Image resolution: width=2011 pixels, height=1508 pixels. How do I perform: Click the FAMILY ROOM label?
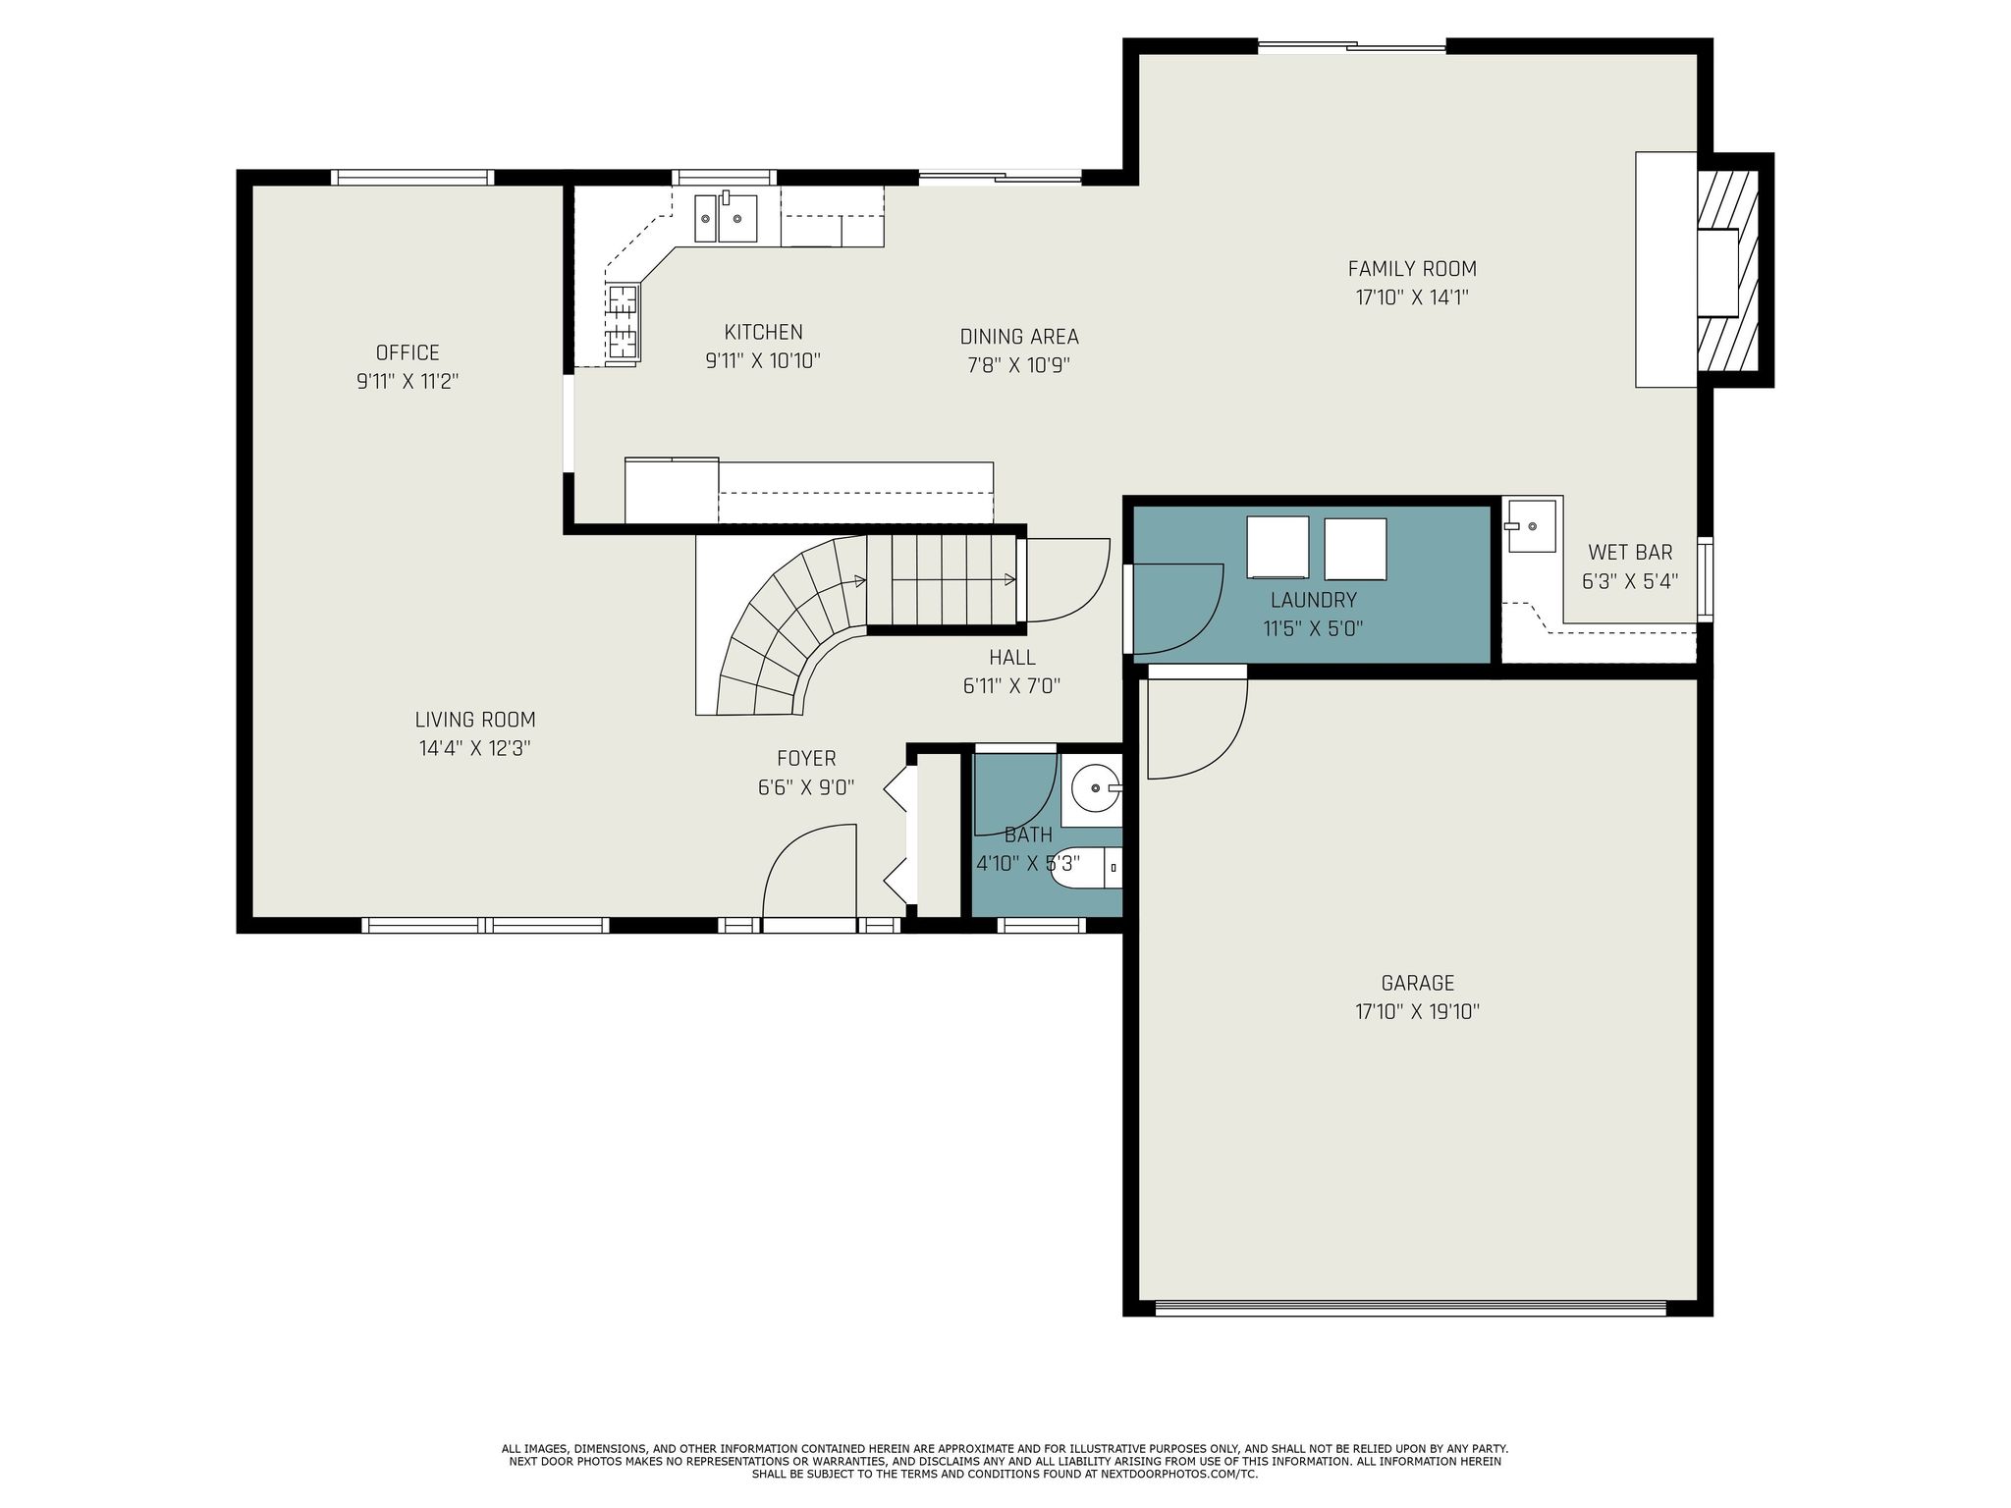coord(1412,269)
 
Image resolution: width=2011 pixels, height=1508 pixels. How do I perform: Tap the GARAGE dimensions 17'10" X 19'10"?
coord(1417,1011)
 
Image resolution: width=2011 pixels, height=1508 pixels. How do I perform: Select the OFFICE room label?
coord(408,352)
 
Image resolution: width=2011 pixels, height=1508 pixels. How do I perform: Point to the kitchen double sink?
coord(726,217)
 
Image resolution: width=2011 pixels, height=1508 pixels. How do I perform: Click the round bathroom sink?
coord(1094,787)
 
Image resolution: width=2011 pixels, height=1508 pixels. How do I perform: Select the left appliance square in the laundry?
coord(1277,547)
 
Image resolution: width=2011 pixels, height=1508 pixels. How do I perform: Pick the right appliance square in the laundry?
coord(1355,549)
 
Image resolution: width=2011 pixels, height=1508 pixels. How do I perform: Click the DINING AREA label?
coord(1019,337)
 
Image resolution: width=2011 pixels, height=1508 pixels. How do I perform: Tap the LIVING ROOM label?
coord(475,720)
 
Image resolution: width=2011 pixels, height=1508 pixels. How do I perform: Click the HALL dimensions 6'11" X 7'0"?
coord(1011,686)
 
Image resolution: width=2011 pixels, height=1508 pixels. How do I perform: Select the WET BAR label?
coord(1630,552)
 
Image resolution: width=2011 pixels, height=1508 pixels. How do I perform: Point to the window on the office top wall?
coord(411,178)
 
